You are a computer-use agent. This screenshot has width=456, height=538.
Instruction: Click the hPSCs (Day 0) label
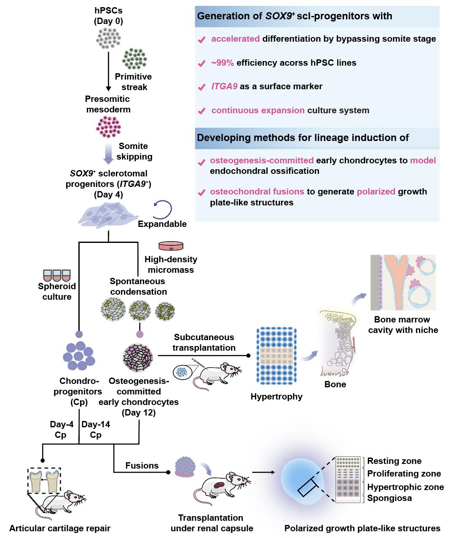pyautogui.click(x=108, y=16)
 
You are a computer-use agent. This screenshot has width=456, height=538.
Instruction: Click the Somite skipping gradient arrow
pyautogui.click(x=108, y=152)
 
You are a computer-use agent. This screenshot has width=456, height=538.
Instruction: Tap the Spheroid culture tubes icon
pyautogui.click(x=57, y=276)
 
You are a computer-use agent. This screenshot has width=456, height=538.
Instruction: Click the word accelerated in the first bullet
pyautogui.click(x=235, y=39)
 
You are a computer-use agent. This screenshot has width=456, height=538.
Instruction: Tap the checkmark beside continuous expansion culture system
pyautogui.click(x=202, y=111)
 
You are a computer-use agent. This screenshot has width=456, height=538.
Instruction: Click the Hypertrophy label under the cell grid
pyautogui.click(x=276, y=397)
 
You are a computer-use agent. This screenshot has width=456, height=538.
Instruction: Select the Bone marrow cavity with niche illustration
pyautogui.click(x=403, y=282)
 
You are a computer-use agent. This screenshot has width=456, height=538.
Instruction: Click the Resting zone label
pyautogui.click(x=394, y=461)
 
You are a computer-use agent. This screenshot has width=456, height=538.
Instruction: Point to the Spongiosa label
pyautogui.click(x=389, y=498)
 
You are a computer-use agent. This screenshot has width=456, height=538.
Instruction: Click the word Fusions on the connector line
pyautogui.click(x=142, y=465)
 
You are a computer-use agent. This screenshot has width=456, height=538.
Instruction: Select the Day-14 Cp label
pyautogui.click(x=96, y=429)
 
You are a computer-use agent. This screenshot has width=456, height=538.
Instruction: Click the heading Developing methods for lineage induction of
pyautogui.click(x=303, y=138)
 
